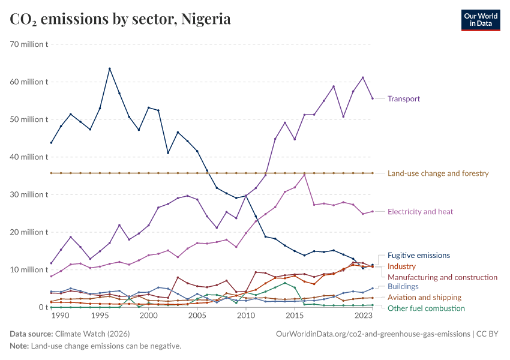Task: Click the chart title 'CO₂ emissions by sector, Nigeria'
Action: (x=120, y=19)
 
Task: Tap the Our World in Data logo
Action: (x=480, y=19)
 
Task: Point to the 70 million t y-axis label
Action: (x=28, y=44)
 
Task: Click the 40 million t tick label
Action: (x=28, y=157)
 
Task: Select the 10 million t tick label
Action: (x=28, y=269)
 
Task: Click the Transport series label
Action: (x=404, y=98)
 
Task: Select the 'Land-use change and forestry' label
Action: (x=438, y=173)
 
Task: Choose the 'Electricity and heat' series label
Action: (x=420, y=211)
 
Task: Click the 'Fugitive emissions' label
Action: (x=418, y=255)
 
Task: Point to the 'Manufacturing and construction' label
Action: (x=442, y=277)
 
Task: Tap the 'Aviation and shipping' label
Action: (x=424, y=297)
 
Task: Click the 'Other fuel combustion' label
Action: (x=426, y=308)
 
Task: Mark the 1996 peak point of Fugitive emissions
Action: (x=109, y=68)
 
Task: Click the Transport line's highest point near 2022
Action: (x=363, y=77)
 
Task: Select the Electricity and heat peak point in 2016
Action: (x=304, y=174)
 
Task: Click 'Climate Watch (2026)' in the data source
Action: (x=92, y=334)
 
